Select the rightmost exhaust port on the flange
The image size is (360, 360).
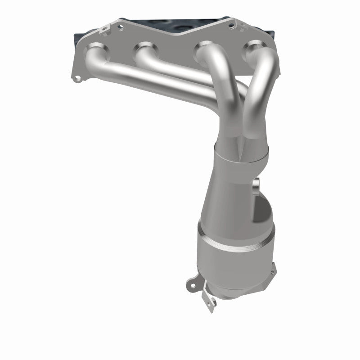255,49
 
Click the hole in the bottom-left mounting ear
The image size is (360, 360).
191,284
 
